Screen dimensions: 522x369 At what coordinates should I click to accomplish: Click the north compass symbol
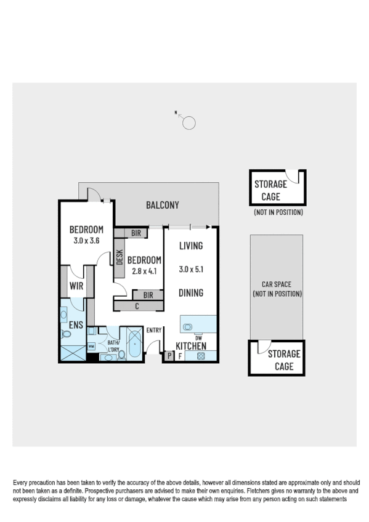tap(189, 122)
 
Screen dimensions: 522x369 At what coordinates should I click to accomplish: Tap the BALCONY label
tap(162, 205)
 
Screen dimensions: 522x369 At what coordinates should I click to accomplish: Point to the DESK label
tap(120, 257)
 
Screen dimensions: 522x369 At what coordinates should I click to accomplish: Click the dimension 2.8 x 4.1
tap(144, 270)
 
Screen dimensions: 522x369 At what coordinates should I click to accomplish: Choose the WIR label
tap(76, 286)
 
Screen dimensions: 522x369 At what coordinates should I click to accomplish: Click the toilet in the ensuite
tap(66, 334)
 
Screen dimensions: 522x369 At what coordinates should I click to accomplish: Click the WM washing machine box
tap(91, 347)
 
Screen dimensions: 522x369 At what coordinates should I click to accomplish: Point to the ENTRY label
tap(153, 331)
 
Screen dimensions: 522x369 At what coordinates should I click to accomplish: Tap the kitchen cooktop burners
tap(200, 356)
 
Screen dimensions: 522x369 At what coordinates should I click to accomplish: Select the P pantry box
tap(169, 356)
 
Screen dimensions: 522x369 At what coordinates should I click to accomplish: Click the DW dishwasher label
tap(198, 337)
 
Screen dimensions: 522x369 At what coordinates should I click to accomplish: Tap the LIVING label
tap(191, 246)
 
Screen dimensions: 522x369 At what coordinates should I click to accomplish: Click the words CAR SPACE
tap(276, 284)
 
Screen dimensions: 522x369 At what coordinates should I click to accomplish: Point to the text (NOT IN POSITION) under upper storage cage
tap(278, 212)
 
